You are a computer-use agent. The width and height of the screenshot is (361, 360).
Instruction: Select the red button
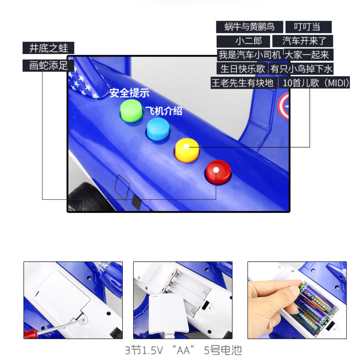coord(218,172)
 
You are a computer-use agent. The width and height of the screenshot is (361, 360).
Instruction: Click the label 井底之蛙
coord(48,48)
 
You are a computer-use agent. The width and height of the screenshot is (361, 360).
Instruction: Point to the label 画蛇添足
coord(48,65)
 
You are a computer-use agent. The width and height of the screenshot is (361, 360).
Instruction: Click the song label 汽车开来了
coord(307,41)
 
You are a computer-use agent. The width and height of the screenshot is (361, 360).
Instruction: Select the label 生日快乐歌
coord(242,68)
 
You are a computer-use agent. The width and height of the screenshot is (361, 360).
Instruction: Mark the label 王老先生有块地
coord(243,82)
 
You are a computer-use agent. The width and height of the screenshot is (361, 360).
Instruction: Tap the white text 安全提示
coord(129,93)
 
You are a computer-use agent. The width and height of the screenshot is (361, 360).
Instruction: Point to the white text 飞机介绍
coord(163,111)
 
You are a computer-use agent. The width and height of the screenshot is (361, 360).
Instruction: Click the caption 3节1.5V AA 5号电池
coord(183,350)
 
